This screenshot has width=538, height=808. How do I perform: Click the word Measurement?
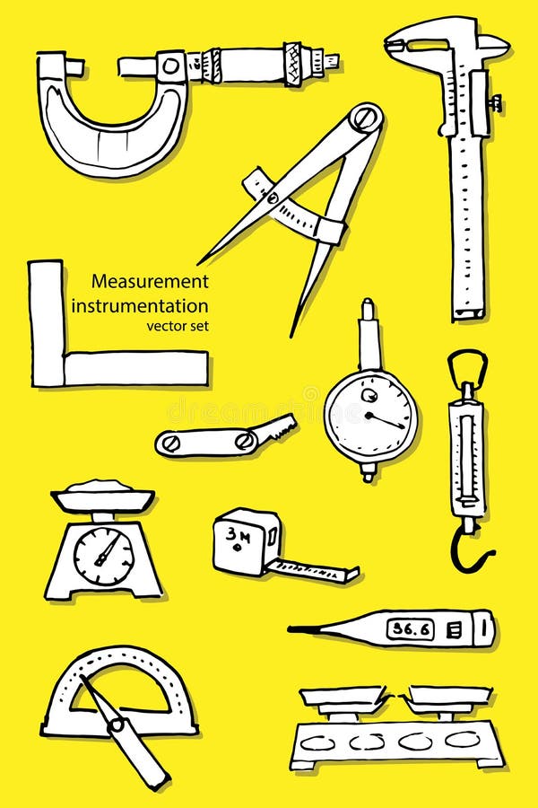(150, 281)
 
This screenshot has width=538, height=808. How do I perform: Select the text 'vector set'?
(178, 326)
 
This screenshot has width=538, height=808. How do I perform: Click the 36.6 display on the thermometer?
(410, 628)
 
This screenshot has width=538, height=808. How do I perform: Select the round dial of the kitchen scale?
(104, 556)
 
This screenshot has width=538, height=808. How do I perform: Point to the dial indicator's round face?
(369, 414)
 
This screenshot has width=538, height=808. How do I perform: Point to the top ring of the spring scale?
(467, 365)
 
